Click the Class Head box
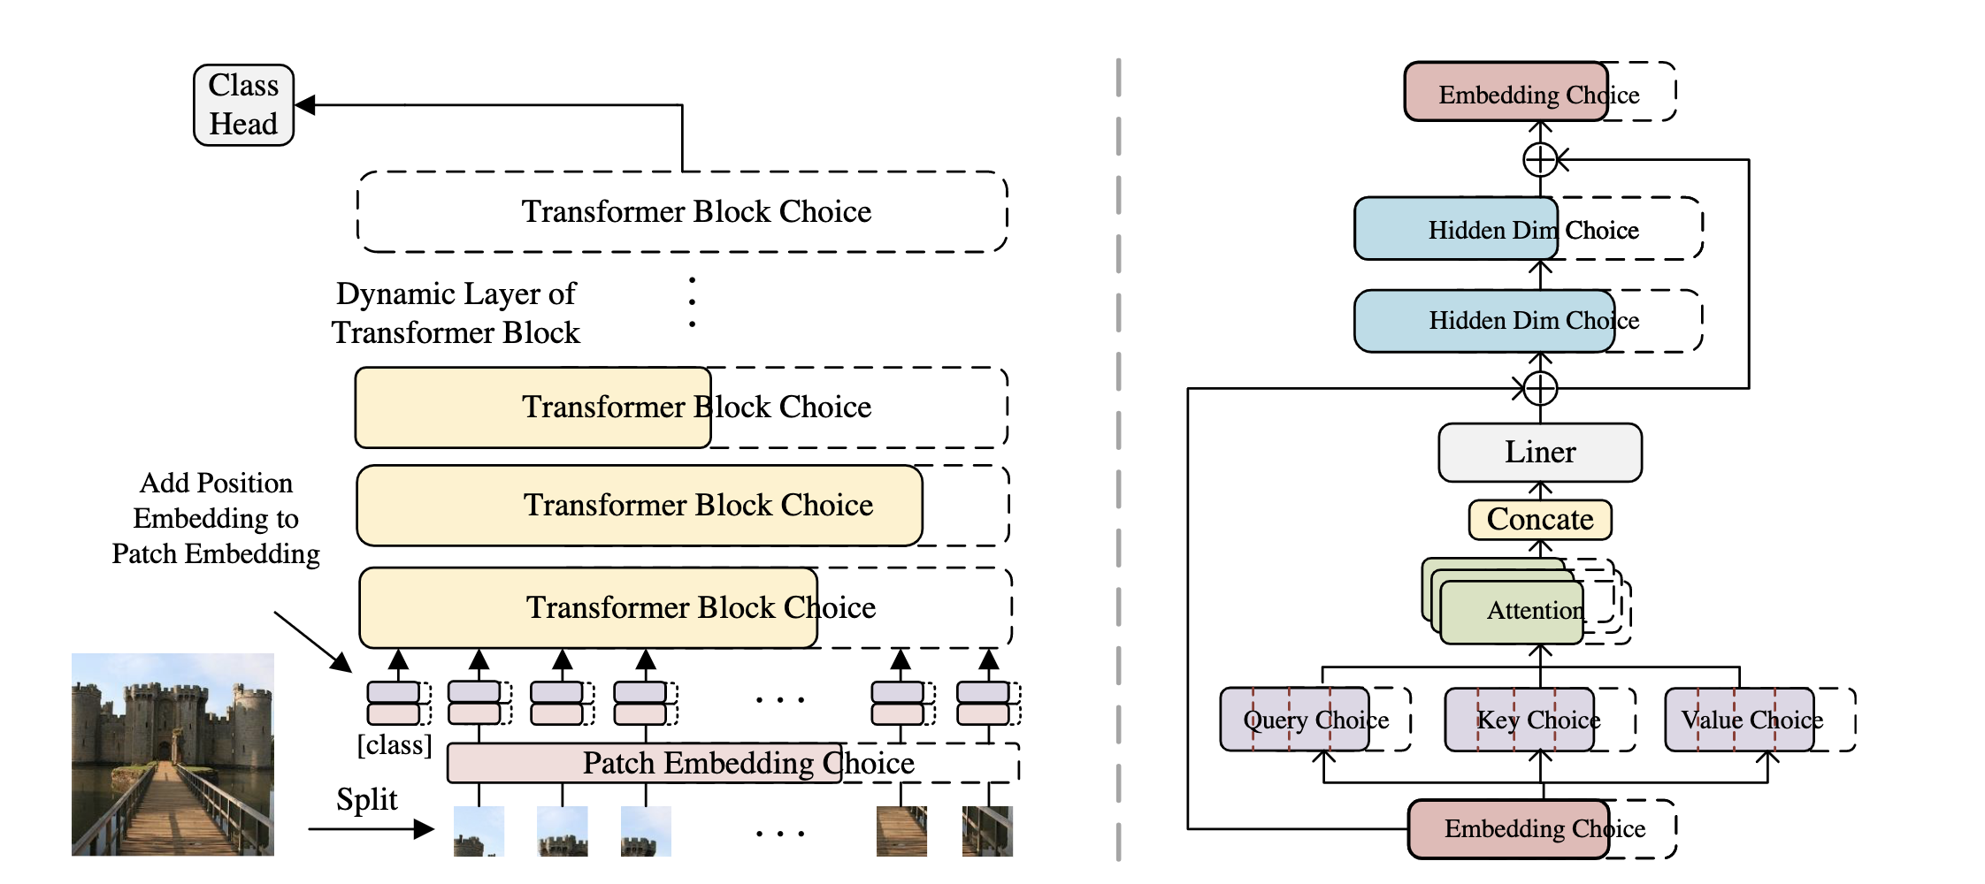click(243, 105)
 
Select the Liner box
click(1539, 453)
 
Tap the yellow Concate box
click(1539, 520)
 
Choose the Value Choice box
click(1739, 720)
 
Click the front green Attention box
click(1513, 612)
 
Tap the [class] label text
click(394, 745)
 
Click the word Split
click(366, 799)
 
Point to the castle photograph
click(172, 754)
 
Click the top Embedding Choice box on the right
click(1506, 92)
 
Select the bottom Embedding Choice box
click(1509, 828)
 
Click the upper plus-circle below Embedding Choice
click(1540, 160)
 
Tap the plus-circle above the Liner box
click(1540, 388)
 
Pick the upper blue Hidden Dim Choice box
click(1456, 229)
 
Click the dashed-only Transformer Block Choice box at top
click(682, 212)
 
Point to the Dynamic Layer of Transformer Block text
click(456, 313)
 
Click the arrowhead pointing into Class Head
click(305, 105)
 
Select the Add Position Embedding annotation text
click(216, 518)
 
